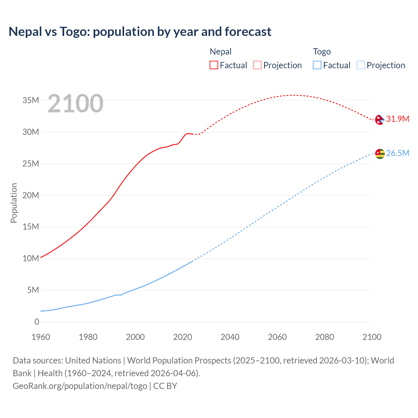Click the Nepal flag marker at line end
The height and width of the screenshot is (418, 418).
click(379, 120)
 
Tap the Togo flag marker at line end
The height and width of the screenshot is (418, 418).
click(380, 153)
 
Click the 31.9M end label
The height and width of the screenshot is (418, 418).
click(397, 119)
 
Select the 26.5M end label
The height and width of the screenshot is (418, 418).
click(397, 153)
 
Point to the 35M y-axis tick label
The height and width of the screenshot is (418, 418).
click(31, 100)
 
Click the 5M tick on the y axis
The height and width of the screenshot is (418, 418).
click(33, 290)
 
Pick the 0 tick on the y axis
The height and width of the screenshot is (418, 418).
click(37, 322)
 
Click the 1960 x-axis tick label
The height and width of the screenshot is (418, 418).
click(41, 337)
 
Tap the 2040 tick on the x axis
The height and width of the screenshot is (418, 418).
click(230, 337)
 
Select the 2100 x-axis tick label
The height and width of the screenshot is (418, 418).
click(372, 337)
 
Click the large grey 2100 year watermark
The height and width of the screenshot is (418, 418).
click(75, 104)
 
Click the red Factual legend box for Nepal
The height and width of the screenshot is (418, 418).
click(214, 65)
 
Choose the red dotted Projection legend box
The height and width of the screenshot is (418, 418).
click(257, 65)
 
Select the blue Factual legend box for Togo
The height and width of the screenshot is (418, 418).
click(317, 65)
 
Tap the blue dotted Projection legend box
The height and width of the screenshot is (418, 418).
click(361, 65)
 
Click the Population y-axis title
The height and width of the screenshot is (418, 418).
click(14, 203)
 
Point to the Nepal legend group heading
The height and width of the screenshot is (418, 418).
click(220, 52)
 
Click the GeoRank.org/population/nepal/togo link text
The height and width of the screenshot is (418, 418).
click(80, 386)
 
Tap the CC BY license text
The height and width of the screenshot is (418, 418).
click(165, 386)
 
